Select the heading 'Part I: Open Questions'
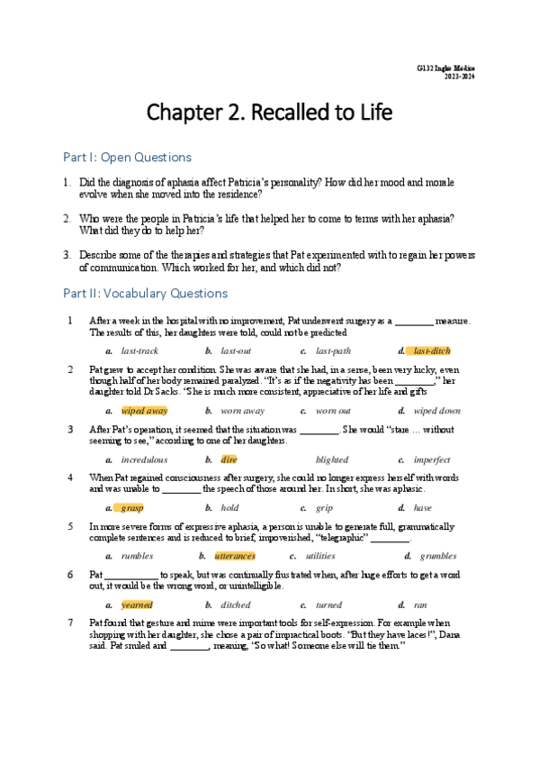[x=127, y=158]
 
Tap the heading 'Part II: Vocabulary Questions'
[x=145, y=293]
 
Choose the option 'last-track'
[x=139, y=350]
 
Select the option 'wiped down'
[x=436, y=410]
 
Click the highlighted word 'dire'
[x=229, y=459]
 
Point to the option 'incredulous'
[x=144, y=459]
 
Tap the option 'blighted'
[x=332, y=459]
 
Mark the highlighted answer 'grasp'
[x=132, y=507]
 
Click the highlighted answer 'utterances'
[x=235, y=556]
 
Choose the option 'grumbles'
[x=436, y=556]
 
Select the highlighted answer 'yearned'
[x=137, y=605]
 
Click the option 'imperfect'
[x=431, y=459]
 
